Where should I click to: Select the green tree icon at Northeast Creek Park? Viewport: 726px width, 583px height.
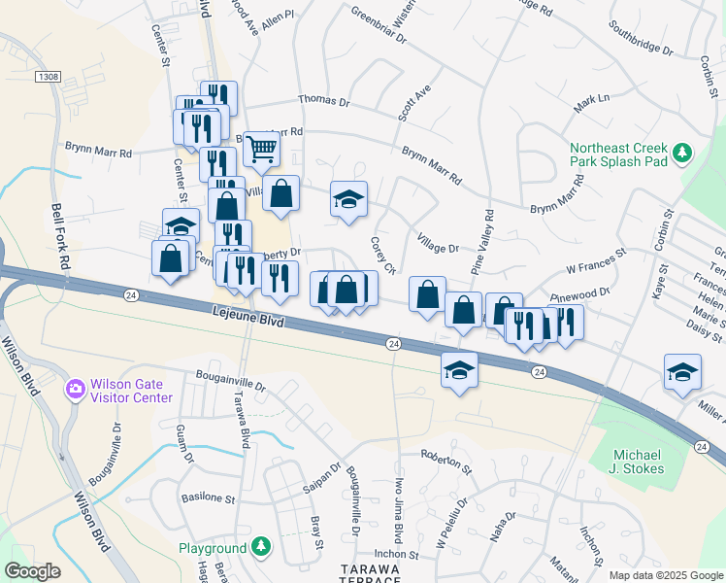[682, 152]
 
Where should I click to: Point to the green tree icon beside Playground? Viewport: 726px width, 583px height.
[260, 548]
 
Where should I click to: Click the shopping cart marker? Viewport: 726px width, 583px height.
[261, 149]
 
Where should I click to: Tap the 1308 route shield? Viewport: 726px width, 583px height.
[46, 76]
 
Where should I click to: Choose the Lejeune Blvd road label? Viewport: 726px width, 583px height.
[245, 320]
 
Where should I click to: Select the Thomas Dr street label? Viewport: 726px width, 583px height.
[323, 100]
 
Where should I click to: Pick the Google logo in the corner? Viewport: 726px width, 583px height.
[32, 571]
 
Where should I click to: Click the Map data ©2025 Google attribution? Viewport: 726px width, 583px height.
[665, 575]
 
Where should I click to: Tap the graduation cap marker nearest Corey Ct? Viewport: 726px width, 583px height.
[349, 199]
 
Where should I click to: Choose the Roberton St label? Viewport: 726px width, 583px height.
[445, 461]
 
